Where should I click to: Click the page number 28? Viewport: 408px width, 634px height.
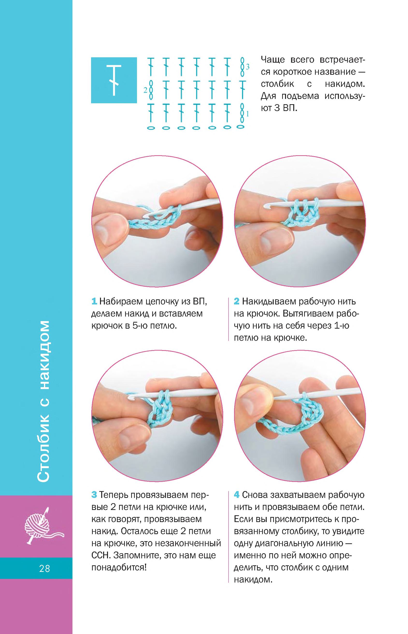pyautogui.click(x=44, y=568)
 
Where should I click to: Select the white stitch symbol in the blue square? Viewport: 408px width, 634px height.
pyautogui.click(x=114, y=80)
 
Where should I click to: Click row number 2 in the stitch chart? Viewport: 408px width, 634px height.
pyautogui.click(x=145, y=90)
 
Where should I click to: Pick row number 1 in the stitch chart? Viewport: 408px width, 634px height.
pyautogui.click(x=247, y=114)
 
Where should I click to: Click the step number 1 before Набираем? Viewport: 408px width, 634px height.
pyautogui.click(x=94, y=302)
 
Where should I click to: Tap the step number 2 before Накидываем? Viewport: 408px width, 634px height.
pyautogui.click(x=236, y=302)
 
